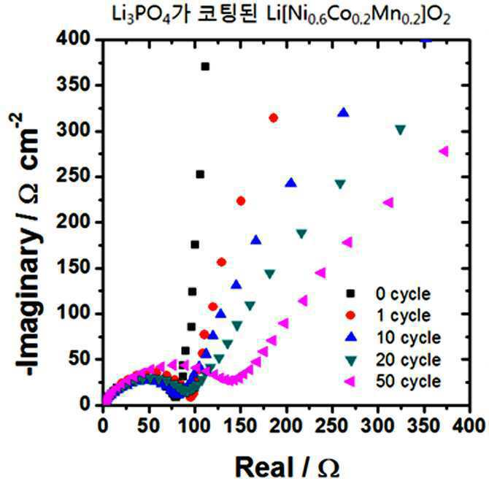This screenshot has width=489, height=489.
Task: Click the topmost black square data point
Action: (x=205, y=66)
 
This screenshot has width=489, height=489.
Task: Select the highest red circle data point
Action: (x=274, y=118)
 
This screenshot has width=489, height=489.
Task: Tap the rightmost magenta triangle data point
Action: (x=444, y=151)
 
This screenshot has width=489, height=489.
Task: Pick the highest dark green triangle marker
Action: (x=401, y=130)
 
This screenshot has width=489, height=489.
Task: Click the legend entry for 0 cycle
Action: (x=389, y=294)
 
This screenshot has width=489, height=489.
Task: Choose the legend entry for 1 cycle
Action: (x=389, y=315)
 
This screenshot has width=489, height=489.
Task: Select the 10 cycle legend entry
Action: (x=393, y=337)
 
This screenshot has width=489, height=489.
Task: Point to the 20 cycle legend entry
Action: (x=393, y=360)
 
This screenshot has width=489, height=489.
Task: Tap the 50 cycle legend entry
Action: (x=393, y=381)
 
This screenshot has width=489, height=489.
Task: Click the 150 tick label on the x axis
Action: (x=240, y=426)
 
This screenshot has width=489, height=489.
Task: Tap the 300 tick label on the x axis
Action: (x=378, y=426)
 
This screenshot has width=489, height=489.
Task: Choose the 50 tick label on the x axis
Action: (x=149, y=426)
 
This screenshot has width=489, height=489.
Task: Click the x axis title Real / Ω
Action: (x=288, y=467)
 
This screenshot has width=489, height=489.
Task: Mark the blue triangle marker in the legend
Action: (x=351, y=337)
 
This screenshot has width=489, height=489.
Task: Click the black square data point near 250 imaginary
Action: (x=200, y=174)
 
